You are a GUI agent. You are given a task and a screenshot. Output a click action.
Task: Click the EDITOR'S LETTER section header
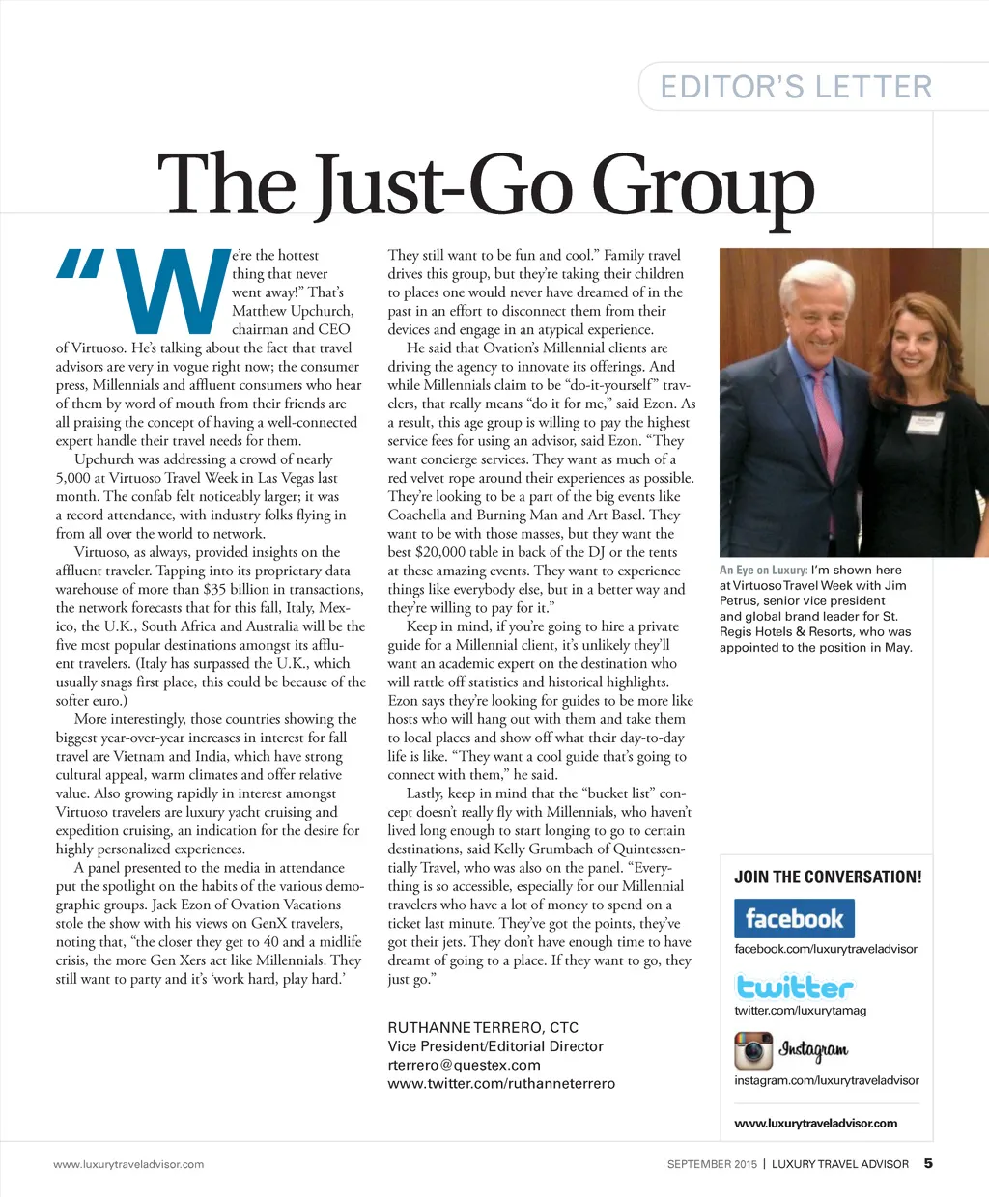coord(796,87)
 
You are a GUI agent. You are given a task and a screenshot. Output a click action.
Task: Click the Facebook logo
coord(794,918)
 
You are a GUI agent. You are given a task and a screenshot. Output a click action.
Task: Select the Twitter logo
coord(794,987)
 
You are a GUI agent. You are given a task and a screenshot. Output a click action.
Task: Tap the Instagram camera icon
coord(753,1049)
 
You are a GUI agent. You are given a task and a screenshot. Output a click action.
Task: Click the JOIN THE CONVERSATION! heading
coord(828,877)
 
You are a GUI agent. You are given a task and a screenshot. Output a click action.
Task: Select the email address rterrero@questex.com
coord(464,1065)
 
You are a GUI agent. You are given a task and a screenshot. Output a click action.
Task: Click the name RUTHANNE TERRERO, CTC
coord(483,1027)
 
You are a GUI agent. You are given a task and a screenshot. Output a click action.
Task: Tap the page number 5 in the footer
coord(928,1163)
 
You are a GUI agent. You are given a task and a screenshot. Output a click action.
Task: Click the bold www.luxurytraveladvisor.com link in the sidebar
coord(815,1123)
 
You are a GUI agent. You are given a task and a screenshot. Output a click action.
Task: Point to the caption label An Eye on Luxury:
coord(763,571)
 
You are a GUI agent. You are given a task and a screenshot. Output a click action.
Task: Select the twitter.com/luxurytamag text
coord(800,1011)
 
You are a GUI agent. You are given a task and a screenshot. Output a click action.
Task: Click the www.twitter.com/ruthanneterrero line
coord(500,1083)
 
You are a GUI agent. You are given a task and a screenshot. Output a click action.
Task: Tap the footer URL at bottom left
coord(128,1164)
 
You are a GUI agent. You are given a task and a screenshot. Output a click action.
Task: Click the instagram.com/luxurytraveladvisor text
coord(826,1080)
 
